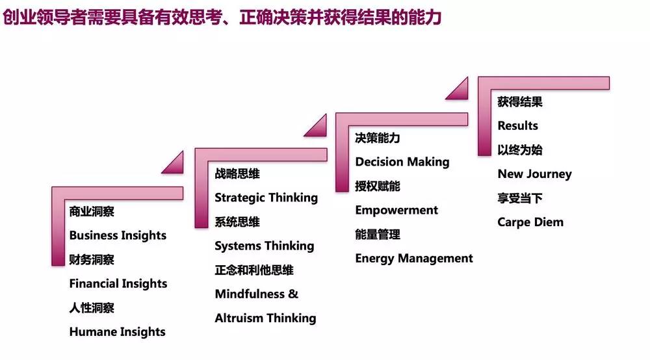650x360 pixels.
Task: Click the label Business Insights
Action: [118, 235]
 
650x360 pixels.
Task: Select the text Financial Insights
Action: [118, 283]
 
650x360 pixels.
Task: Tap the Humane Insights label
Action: [117, 332]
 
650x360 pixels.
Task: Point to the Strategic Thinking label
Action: [266, 198]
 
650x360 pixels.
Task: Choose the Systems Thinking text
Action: [265, 246]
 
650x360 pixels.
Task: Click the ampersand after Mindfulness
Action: [293, 294]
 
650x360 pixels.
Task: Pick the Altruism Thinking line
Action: [265, 318]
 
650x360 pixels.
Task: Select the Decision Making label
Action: [402, 162]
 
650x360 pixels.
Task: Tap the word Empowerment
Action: [396, 211]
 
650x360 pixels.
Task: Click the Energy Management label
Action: [413, 259]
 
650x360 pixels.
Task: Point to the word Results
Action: [518, 125]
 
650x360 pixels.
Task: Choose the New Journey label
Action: [534, 174]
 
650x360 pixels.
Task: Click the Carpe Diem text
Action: [530, 222]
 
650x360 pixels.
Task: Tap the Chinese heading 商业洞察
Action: [92, 211]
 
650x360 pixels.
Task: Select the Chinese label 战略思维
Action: [237, 173]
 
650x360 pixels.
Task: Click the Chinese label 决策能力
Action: [377, 138]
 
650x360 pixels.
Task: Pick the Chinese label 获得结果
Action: [520, 101]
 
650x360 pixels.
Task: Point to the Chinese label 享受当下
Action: [520, 198]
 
